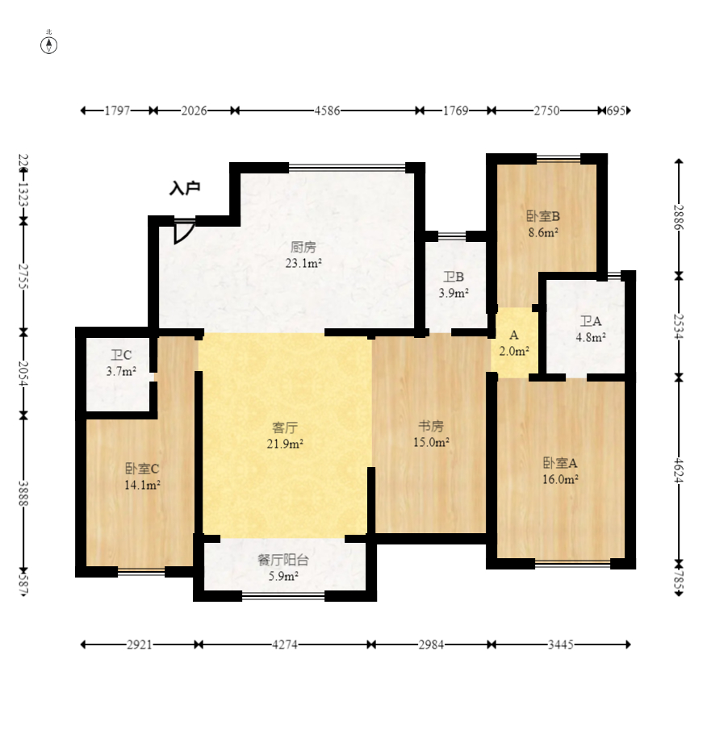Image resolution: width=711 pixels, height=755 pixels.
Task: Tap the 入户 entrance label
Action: pyautogui.click(x=185, y=188)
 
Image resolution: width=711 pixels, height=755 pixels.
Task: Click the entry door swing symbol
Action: pyautogui.click(x=183, y=232)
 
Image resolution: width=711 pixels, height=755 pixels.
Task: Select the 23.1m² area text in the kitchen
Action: pyautogui.click(x=303, y=263)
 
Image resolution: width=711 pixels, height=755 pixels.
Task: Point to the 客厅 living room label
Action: pyautogui.click(x=285, y=428)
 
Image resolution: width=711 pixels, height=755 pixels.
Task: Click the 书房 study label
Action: pyautogui.click(x=431, y=426)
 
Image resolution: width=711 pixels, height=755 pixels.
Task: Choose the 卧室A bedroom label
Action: pyautogui.click(x=560, y=463)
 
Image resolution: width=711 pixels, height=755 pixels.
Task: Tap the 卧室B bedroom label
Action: pyautogui.click(x=543, y=216)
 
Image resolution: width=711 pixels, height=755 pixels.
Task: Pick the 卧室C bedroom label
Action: pyautogui.click(x=142, y=469)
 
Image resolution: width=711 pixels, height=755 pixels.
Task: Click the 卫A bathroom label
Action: pyautogui.click(x=591, y=321)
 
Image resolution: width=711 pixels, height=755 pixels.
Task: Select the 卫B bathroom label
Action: pyautogui.click(x=454, y=277)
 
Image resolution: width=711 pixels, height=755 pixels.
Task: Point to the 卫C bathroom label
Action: pyautogui.click(x=121, y=356)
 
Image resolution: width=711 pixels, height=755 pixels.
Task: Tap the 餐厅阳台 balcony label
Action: pyautogui.click(x=282, y=560)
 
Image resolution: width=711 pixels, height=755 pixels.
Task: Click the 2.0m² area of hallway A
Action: pyautogui.click(x=514, y=351)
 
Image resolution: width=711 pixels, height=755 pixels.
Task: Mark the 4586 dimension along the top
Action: pyautogui.click(x=327, y=111)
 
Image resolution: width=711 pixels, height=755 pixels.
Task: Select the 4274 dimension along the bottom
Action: pyautogui.click(x=285, y=644)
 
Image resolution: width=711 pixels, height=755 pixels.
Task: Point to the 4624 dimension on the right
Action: pyautogui.click(x=678, y=470)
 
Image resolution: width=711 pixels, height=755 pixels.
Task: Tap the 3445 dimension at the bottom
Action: pyautogui.click(x=561, y=644)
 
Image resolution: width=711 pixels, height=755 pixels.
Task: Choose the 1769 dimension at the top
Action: pyautogui.click(x=456, y=111)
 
